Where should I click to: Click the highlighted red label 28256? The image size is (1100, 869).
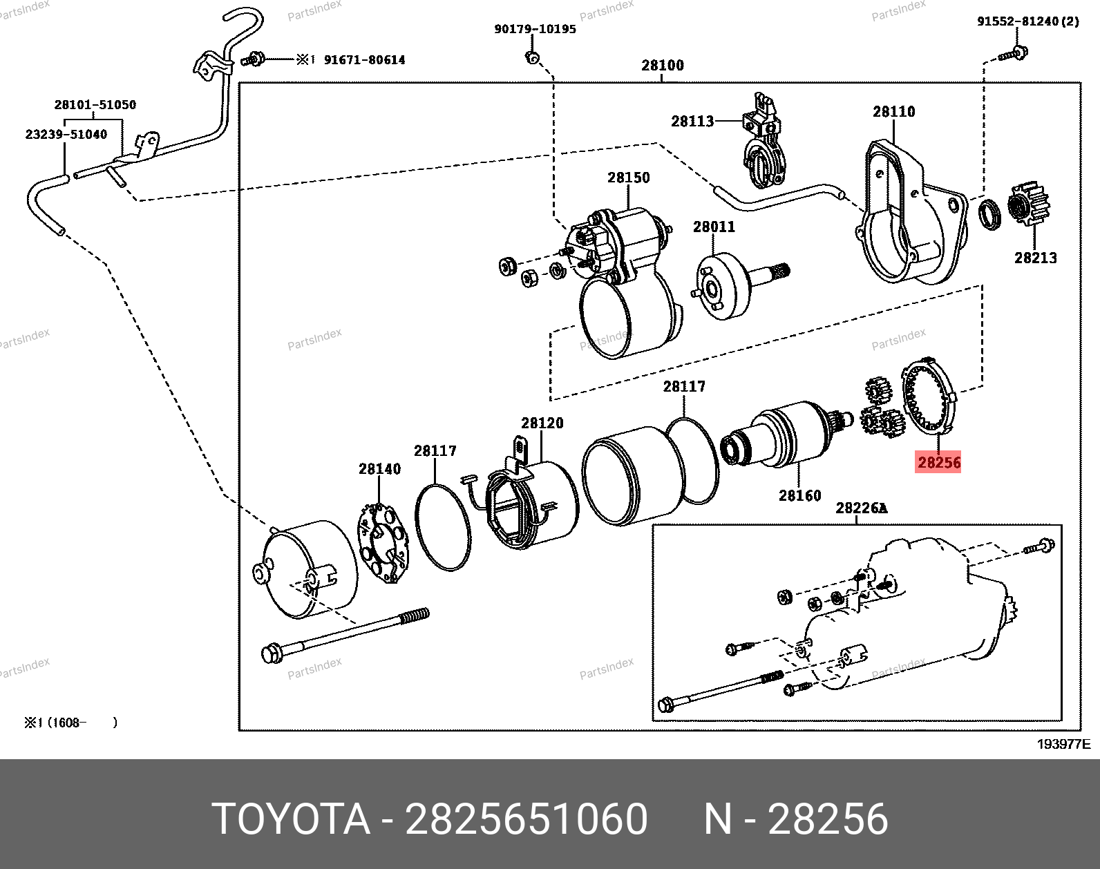pyautogui.click(x=938, y=462)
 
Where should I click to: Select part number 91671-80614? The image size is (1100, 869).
pyautogui.click(x=364, y=60)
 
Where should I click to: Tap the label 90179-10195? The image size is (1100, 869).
pyautogui.click(x=535, y=29)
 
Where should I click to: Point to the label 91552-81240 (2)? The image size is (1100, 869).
pyautogui.click(x=1027, y=21)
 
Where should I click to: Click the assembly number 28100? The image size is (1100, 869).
pyautogui.click(x=662, y=66)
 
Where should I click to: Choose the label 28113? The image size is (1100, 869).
pyautogui.click(x=692, y=122)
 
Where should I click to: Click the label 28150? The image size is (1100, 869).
pyautogui.click(x=628, y=178)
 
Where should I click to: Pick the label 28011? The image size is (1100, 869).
pyautogui.click(x=714, y=227)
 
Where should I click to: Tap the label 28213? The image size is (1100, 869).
pyautogui.click(x=1035, y=258)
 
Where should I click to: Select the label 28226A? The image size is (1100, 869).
pyautogui.click(x=861, y=508)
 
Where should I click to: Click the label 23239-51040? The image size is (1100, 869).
pyautogui.click(x=66, y=135)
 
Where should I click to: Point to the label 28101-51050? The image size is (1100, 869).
pyautogui.click(x=95, y=105)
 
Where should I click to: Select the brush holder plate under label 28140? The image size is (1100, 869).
pyautogui.click(x=383, y=544)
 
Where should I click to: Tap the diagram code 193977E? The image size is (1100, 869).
pyautogui.click(x=1063, y=744)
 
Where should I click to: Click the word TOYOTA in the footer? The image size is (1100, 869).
pyautogui.click(x=291, y=819)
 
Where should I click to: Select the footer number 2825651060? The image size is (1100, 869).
pyautogui.click(x=526, y=819)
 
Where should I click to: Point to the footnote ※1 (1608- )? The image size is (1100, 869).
pyautogui.click(x=70, y=723)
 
